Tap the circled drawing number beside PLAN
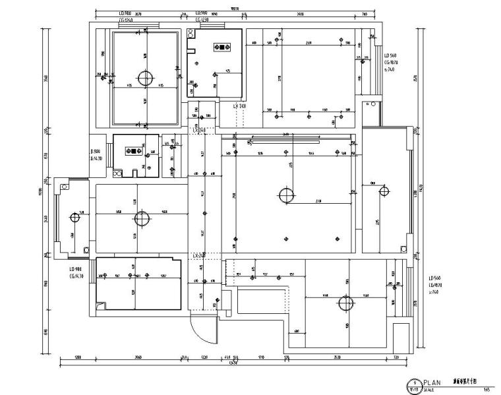coord(413,383)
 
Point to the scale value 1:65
coord(486,389)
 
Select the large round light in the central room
coord(286,195)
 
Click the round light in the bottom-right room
coord(345,304)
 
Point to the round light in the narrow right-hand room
coord(383,192)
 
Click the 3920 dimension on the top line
coord(301,14)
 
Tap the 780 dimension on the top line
coord(365,14)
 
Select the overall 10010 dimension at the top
coord(234,7)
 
